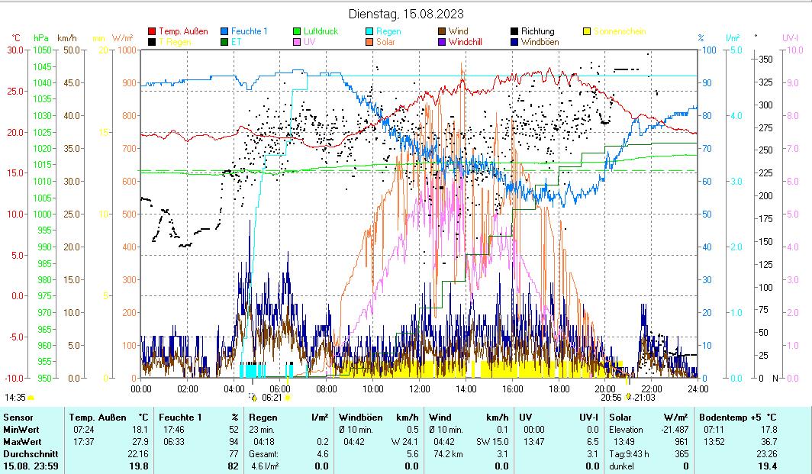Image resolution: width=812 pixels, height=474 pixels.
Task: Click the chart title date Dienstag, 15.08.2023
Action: pyautogui.click(x=405, y=14)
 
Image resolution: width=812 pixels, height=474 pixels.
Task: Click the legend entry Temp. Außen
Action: pyautogui.click(x=182, y=31)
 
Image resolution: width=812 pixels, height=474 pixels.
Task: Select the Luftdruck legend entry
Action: pyautogui.click(x=321, y=31)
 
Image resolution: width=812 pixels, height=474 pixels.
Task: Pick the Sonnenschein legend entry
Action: pyautogui.click(x=619, y=31)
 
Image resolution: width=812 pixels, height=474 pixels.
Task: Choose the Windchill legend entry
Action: pyautogui.click(x=470, y=42)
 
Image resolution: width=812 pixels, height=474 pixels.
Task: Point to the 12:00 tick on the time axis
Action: pyautogui.click(x=420, y=389)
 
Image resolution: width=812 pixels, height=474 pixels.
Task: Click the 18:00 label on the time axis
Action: pyautogui.click(x=559, y=389)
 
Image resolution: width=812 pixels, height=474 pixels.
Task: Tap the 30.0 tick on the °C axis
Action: pyautogui.click(x=15, y=50)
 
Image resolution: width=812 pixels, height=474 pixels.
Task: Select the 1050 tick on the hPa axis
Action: pyautogui.click(x=43, y=50)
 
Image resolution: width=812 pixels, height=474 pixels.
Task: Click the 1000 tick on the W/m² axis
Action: pyautogui.click(x=128, y=50)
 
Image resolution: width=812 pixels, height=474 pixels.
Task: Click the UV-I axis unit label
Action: pyautogui.click(x=791, y=37)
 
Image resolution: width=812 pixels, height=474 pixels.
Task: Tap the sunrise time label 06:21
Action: pyautogui.click(x=272, y=398)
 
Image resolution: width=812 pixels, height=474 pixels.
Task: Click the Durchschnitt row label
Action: pyautogui.click(x=30, y=453)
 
